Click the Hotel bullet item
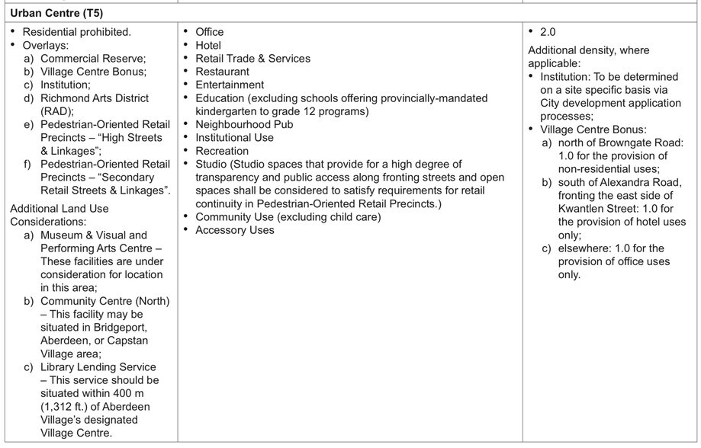208,45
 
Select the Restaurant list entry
222,72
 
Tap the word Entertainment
230,85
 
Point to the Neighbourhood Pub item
244,124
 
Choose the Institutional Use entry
234,138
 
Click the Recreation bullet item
222,151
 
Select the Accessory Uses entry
234,230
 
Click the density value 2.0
547,32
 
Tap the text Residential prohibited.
76,32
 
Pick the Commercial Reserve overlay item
92,59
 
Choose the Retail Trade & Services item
252,59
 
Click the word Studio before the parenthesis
211,164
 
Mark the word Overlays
45,46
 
